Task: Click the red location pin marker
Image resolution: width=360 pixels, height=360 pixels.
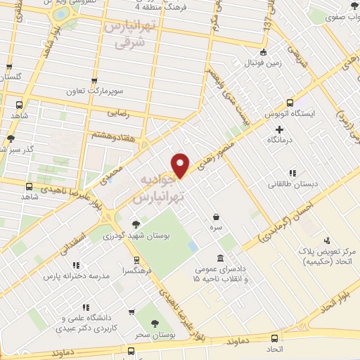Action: (x=181, y=165)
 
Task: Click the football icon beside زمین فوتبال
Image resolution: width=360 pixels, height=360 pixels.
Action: (x=263, y=51)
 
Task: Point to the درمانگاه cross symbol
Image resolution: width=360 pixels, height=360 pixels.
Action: (x=280, y=129)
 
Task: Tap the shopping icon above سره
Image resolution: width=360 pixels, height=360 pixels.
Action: (x=216, y=217)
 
